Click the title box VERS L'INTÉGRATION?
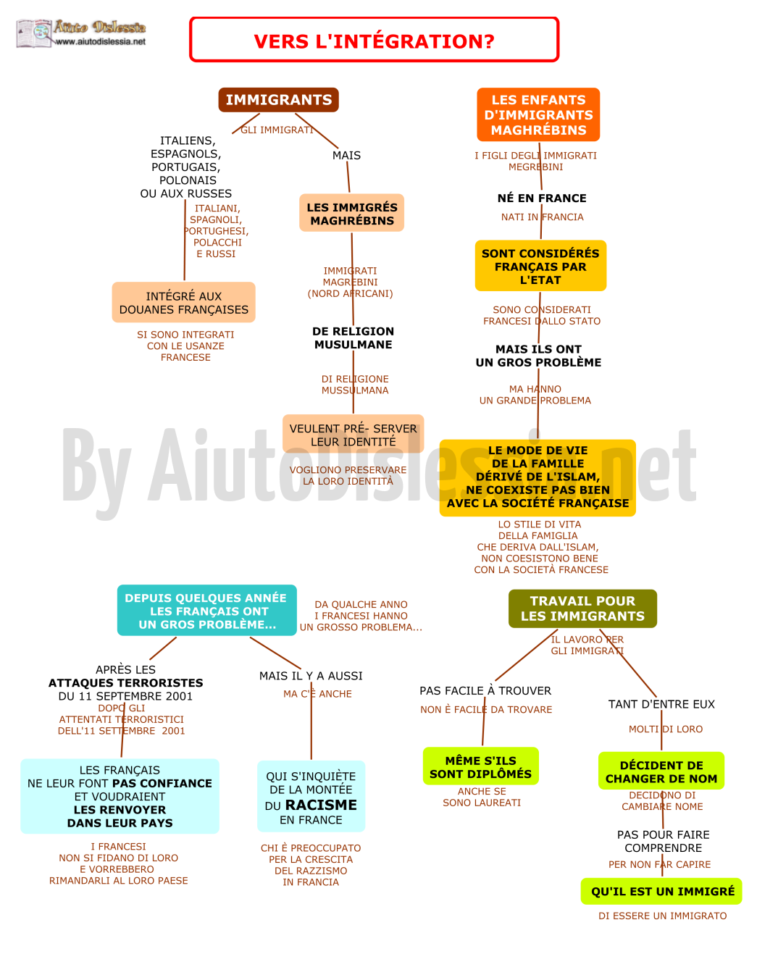(374, 40)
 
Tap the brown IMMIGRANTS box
(278, 100)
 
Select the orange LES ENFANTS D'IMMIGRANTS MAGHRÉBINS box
(538, 114)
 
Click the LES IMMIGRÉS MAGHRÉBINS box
(351, 213)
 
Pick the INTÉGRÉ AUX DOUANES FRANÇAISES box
(183, 302)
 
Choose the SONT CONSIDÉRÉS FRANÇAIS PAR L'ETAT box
(540, 266)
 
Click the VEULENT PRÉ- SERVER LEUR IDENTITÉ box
(354, 434)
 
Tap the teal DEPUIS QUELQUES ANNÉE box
(207, 611)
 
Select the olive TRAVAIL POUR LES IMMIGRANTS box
(582, 608)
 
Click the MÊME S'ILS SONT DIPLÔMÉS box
(481, 766)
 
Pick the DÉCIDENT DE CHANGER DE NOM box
(661, 771)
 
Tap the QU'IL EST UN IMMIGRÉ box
(661, 891)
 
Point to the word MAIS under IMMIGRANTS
(347, 156)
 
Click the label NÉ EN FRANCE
(542, 198)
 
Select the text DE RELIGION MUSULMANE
(354, 338)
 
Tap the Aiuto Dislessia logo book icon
(34, 33)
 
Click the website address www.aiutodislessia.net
(101, 42)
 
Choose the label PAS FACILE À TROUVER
(485, 690)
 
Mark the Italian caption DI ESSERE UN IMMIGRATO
(663, 916)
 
